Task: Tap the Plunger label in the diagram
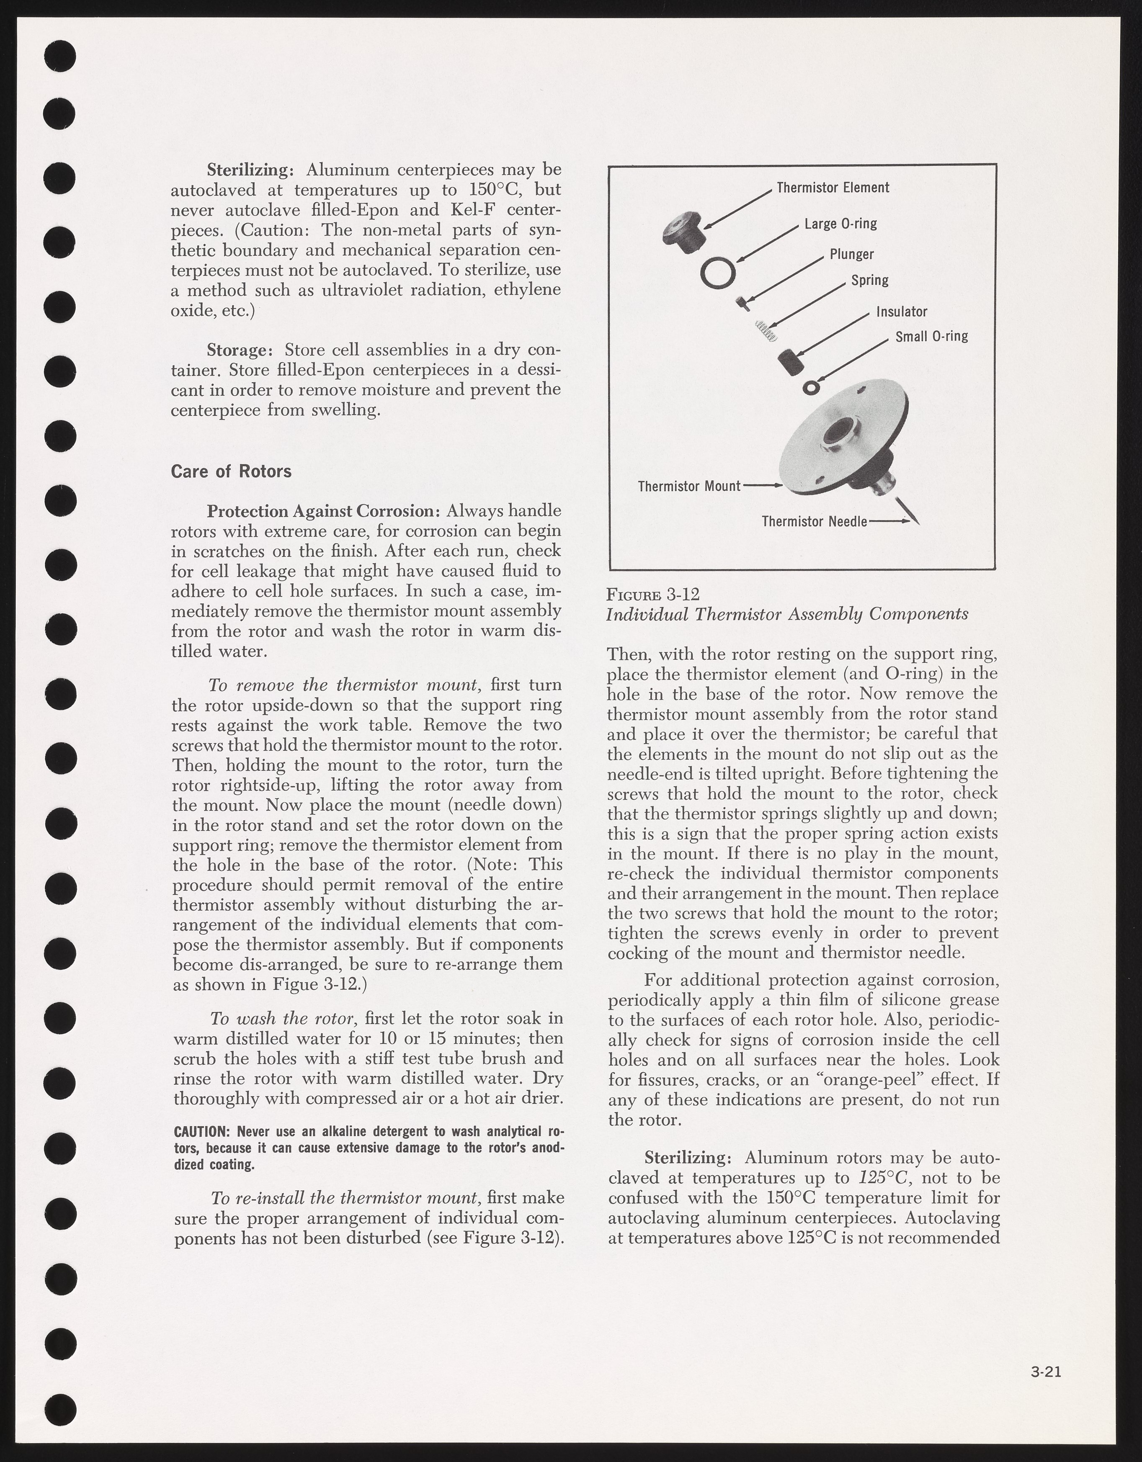point(851,255)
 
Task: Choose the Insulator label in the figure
point(902,312)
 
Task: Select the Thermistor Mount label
point(689,486)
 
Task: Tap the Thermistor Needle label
point(814,521)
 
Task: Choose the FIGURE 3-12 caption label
point(653,594)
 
